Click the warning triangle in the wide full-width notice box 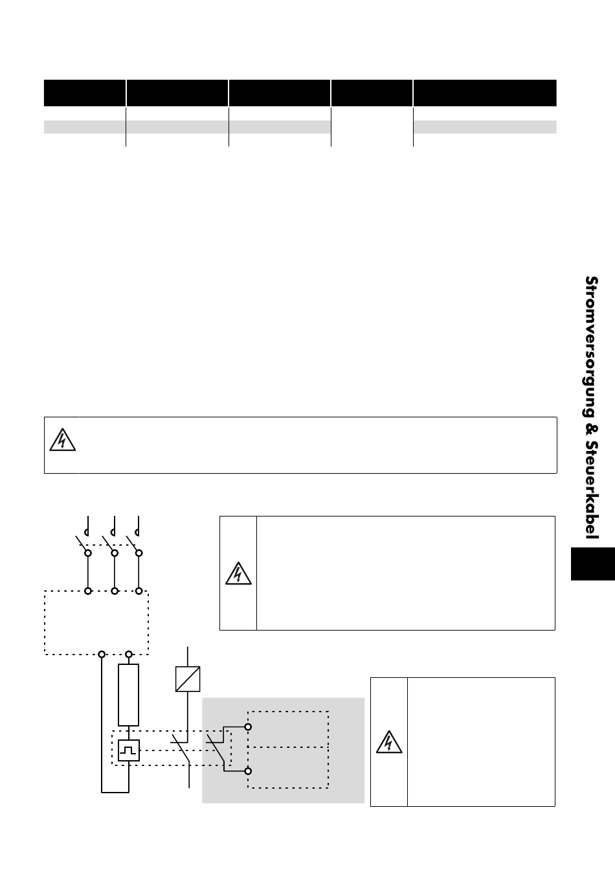(61, 440)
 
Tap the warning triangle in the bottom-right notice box (388, 742)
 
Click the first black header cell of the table (84, 93)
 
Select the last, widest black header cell (485, 93)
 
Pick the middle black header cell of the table (280, 93)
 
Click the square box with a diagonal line (188, 679)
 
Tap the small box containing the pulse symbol (129, 750)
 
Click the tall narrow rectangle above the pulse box (129, 695)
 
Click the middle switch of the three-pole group (109, 543)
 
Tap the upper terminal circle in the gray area (247, 726)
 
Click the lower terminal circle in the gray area (247, 771)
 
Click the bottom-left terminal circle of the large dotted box (102, 654)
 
